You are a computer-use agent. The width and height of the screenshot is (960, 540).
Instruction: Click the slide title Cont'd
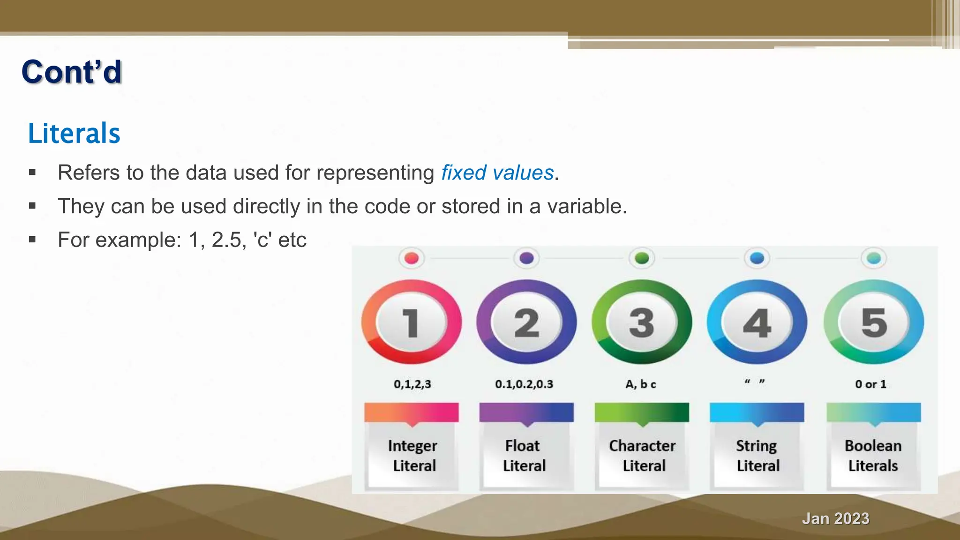(71, 72)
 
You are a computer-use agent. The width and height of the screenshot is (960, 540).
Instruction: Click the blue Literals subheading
(74, 133)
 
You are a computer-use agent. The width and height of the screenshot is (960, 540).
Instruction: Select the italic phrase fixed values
(497, 172)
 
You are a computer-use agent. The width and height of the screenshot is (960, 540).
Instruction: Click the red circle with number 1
(411, 322)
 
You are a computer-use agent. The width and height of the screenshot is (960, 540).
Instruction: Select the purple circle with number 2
(526, 322)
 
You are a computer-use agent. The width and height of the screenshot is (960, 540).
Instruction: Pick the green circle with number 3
(642, 322)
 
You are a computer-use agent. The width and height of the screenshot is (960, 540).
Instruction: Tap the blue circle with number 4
(757, 322)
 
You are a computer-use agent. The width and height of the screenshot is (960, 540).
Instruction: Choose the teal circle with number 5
(873, 322)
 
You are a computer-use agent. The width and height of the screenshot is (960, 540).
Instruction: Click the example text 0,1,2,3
(412, 384)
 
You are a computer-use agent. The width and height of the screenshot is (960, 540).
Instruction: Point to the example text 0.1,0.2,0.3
(524, 384)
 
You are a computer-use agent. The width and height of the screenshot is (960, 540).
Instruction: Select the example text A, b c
(641, 384)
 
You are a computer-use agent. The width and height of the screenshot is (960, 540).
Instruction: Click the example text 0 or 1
(870, 384)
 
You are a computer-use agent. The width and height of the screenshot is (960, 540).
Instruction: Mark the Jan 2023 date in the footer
(835, 518)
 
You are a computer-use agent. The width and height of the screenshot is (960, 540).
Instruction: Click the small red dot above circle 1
(411, 258)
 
